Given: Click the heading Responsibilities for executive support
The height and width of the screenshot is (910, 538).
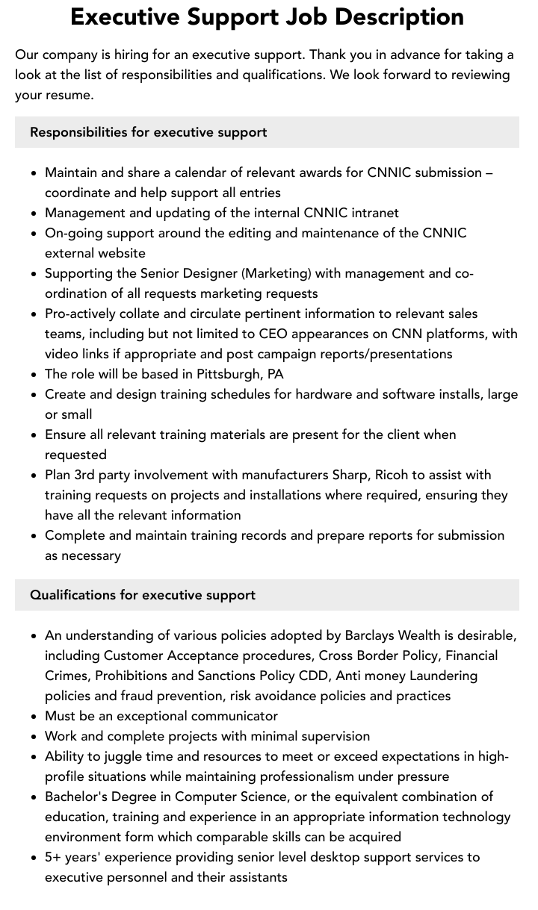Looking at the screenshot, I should click(x=148, y=132).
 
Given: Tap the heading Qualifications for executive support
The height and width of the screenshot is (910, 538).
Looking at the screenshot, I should click(x=142, y=595).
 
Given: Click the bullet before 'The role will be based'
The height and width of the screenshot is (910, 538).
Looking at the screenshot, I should click(x=34, y=375).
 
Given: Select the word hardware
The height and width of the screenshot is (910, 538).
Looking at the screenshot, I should click(x=337, y=394).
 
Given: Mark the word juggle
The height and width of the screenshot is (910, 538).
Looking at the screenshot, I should click(x=118, y=756).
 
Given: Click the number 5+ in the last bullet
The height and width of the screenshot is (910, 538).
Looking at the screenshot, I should click(x=53, y=857).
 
